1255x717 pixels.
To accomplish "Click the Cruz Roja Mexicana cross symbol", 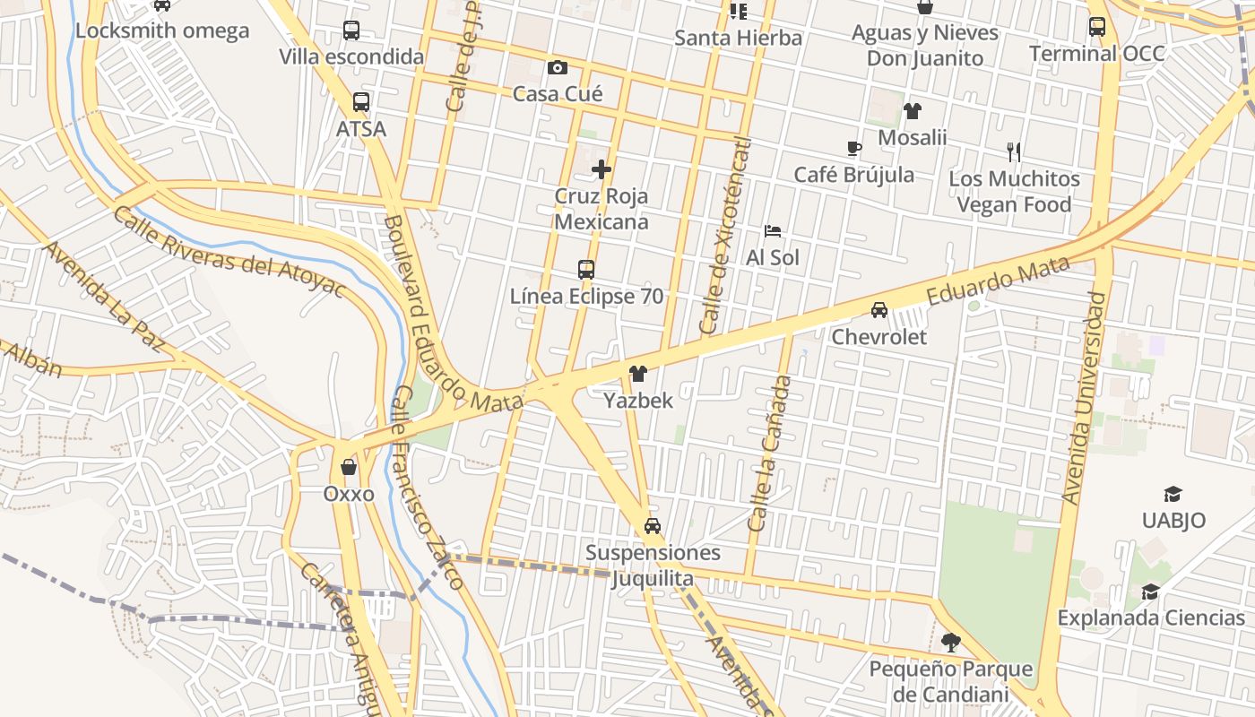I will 602,168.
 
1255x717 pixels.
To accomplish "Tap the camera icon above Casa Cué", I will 558,67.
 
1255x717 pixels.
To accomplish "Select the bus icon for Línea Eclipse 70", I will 586,269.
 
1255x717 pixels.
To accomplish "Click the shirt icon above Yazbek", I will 638,373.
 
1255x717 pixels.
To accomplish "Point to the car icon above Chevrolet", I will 879,310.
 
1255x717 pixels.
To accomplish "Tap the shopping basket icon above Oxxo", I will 349,467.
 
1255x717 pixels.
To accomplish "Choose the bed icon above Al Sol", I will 773,231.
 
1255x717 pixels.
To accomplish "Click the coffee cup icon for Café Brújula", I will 853,148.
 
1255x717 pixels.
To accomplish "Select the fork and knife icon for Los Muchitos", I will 1014,151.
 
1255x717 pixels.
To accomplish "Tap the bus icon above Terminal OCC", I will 1097,27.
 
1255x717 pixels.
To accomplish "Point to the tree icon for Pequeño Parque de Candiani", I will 950,643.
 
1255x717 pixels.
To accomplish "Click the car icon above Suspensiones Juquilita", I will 653,526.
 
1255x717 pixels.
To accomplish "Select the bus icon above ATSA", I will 361,102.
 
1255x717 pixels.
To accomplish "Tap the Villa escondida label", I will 351,56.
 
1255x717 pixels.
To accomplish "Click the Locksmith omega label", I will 162,30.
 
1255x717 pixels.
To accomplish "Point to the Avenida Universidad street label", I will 1084,397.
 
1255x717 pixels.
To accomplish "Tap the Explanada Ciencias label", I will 1151,618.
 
